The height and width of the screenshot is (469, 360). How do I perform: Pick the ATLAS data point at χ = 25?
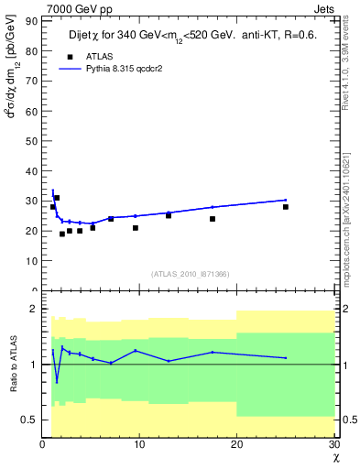pos(286,207)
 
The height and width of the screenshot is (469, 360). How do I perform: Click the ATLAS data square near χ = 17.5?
pos(213,219)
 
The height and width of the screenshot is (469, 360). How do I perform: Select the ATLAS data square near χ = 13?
pos(169,215)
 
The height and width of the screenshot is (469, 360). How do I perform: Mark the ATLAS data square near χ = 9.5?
pos(136,228)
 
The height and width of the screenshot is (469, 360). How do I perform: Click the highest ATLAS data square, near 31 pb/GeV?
pos(57,198)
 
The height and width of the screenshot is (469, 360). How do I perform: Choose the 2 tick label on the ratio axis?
pos(35,309)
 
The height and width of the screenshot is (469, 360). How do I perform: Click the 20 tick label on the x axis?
pos(236,443)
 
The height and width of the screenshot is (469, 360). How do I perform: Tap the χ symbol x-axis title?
pos(334,456)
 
